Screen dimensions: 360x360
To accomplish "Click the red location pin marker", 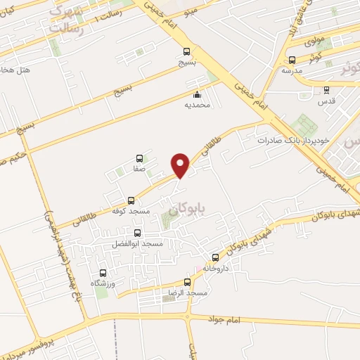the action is point(181,166).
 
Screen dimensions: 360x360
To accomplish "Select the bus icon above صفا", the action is point(139,159).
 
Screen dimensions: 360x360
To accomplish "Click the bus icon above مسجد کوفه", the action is point(131,200).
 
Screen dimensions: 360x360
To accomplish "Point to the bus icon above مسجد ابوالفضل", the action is point(137,233).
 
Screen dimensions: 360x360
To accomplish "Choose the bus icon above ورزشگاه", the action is point(103,273).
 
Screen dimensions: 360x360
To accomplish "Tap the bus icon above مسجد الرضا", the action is point(187,281).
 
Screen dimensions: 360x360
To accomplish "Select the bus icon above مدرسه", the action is point(291,60).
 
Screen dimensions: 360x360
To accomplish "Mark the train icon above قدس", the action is point(326,89).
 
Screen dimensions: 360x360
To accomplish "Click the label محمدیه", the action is point(197,105).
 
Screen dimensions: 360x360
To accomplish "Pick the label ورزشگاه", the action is point(102,283).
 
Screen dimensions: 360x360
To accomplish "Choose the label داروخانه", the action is point(217,268).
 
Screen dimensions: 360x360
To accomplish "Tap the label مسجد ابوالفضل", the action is point(137,243).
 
